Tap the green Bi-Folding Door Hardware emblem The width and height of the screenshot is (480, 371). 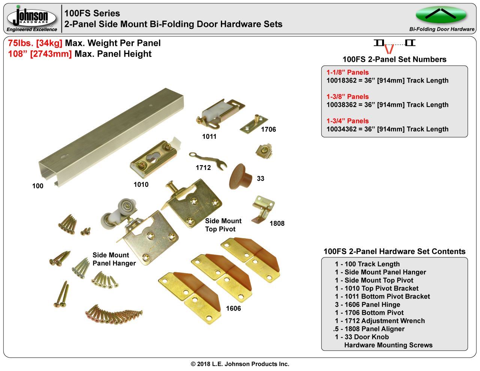pos(441,15)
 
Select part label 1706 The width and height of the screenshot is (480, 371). pos(268,129)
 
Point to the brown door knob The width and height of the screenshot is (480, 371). pos(240,177)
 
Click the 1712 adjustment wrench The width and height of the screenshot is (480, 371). pos(208,161)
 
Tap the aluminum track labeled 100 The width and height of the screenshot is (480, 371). pos(111,137)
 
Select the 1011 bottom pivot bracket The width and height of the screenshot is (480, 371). pos(220,113)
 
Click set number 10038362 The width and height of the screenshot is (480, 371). pos(341,105)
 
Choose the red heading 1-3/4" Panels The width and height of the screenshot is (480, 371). pos(348,121)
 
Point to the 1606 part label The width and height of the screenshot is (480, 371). pos(233,308)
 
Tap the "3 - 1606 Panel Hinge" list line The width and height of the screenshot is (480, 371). pos(367,305)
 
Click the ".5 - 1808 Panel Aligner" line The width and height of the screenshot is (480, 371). pos(369,329)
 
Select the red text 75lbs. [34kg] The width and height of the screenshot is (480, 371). pos(35,43)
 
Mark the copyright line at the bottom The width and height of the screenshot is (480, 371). pos(240,364)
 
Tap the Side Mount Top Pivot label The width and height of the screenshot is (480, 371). pos(223,225)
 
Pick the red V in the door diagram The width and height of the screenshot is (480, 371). pos(389,49)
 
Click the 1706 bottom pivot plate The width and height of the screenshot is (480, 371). pos(253,125)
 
